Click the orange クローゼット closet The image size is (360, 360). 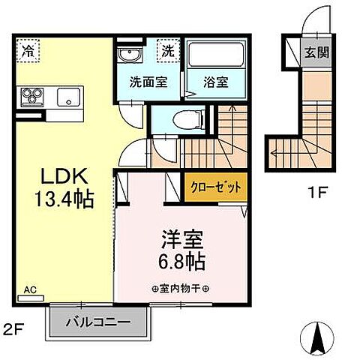pyautogui.click(x=214, y=187)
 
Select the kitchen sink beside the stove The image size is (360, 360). pyautogui.click(x=69, y=97)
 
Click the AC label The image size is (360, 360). pyautogui.click(x=31, y=288)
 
